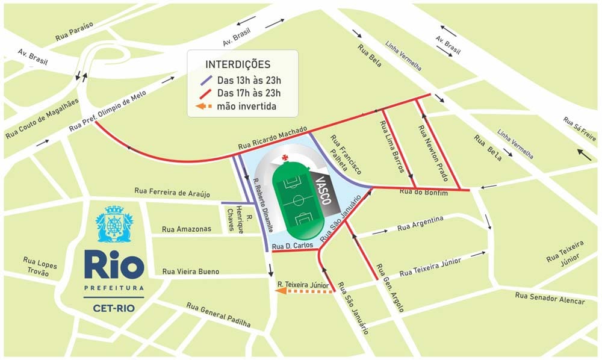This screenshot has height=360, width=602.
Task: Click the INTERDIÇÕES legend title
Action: (238, 64)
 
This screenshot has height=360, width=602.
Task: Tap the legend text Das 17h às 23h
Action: (249, 93)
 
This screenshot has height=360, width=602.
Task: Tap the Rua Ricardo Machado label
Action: (273, 138)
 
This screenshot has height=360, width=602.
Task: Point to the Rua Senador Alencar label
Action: (550, 297)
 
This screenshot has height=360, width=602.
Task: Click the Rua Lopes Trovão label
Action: (39, 265)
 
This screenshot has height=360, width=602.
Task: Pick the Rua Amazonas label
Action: (187, 229)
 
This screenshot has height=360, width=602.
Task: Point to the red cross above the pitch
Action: (285, 160)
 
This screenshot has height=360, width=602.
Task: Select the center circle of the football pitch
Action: (299, 199)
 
